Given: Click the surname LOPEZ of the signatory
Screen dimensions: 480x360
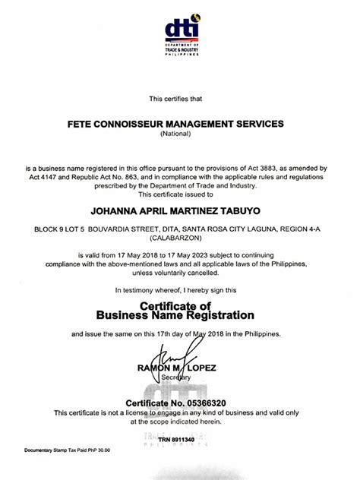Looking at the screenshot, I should tap(203, 368).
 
